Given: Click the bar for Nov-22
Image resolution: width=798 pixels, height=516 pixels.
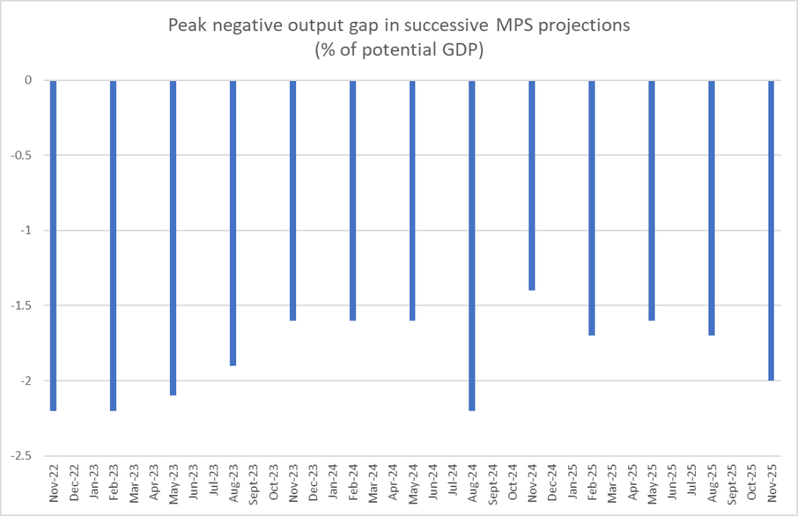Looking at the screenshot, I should tap(53, 245).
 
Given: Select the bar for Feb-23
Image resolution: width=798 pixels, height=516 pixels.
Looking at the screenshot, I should tap(113, 245).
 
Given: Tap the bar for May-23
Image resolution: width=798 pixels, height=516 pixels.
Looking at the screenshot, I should tap(173, 238).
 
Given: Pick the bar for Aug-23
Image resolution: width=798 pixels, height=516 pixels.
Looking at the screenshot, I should tap(233, 223).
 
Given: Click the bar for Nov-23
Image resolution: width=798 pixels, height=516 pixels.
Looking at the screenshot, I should tap(293, 200).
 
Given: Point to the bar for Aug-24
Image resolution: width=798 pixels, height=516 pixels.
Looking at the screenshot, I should tap(472, 245).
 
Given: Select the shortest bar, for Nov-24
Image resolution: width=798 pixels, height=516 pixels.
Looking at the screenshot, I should tap(532, 186).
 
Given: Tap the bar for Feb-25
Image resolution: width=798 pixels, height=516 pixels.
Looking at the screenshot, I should tap(592, 207).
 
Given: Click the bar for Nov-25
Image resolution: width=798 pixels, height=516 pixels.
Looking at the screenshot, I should tap(772, 230).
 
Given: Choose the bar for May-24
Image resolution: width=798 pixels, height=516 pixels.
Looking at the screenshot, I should tap(412, 200).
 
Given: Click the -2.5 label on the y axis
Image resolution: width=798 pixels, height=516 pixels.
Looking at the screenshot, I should tap(23, 456).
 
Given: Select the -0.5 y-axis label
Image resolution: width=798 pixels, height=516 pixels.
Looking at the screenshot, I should tap(23, 155).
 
